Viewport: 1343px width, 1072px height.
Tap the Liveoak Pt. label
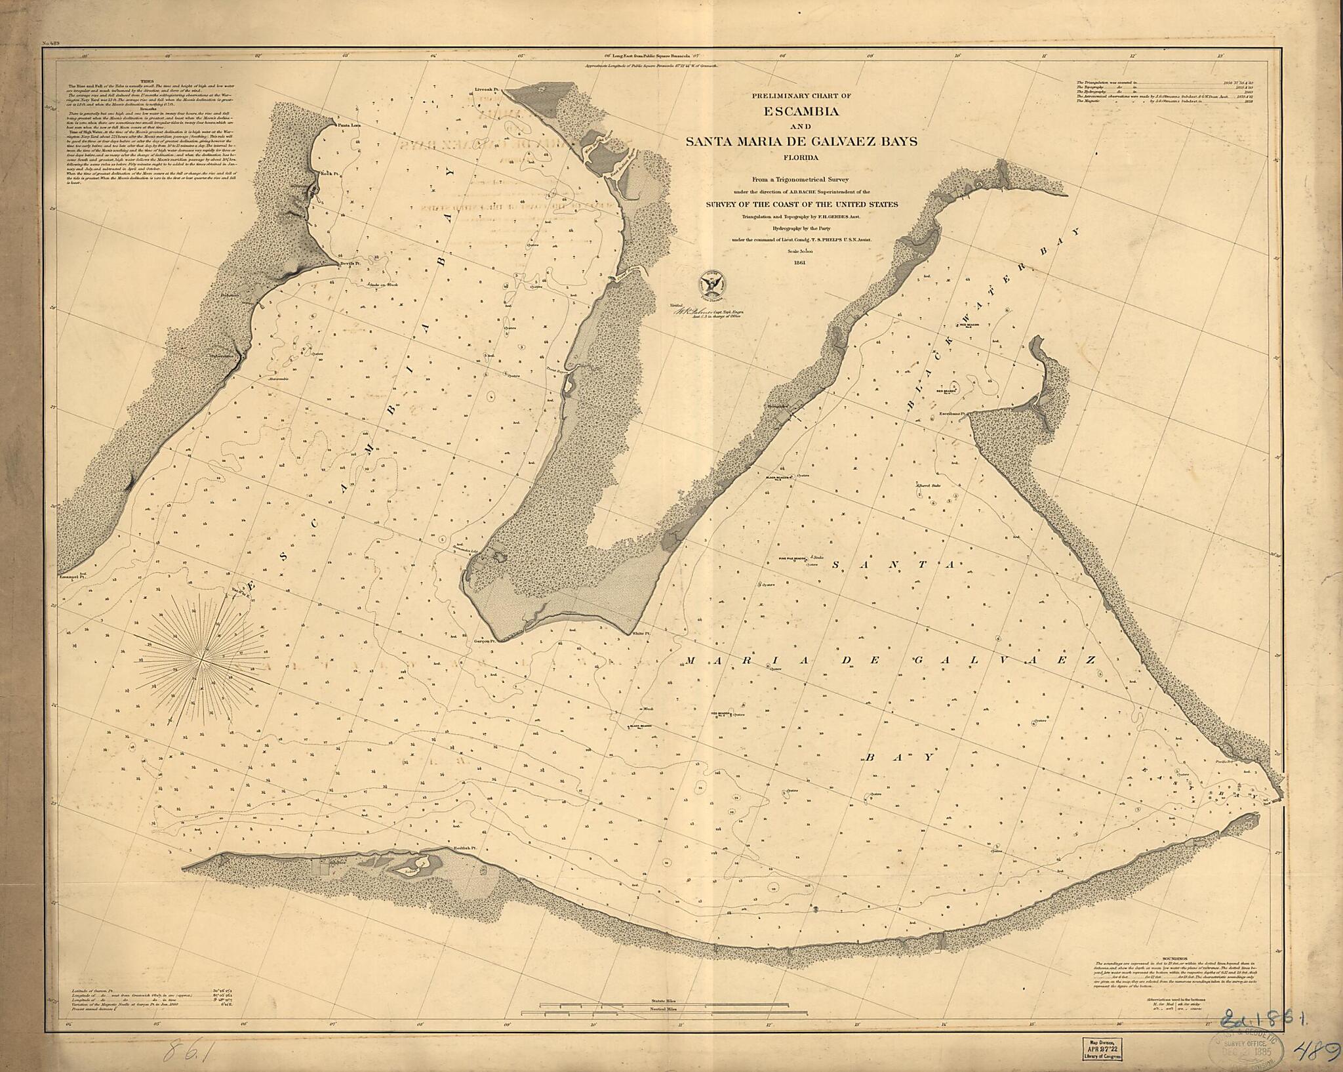(x=488, y=90)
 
